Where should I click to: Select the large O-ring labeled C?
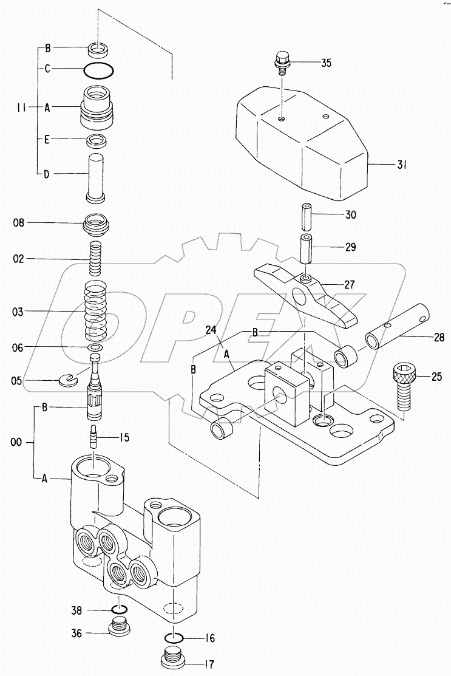click(x=97, y=70)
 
